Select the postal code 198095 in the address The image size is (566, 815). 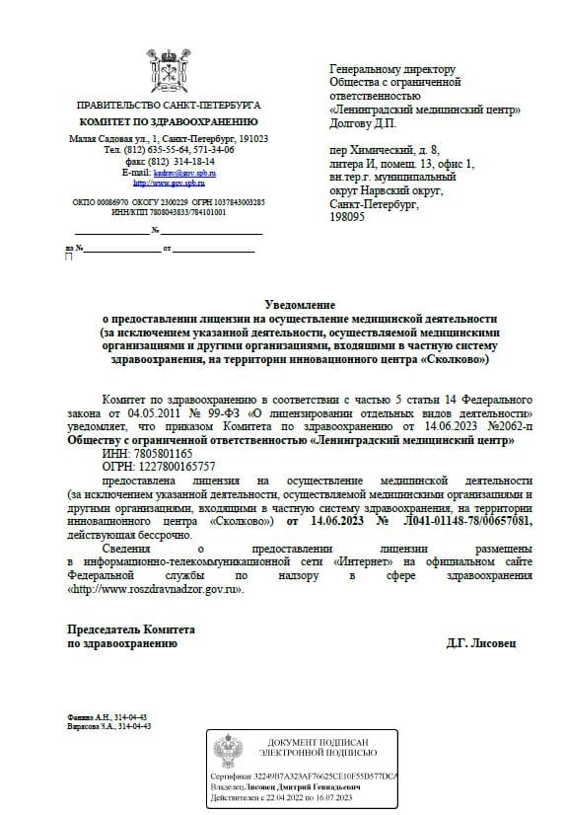[348, 215]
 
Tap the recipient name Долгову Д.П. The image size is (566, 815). [362, 123]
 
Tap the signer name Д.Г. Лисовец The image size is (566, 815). [480, 642]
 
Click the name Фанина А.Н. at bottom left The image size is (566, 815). [88, 716]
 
